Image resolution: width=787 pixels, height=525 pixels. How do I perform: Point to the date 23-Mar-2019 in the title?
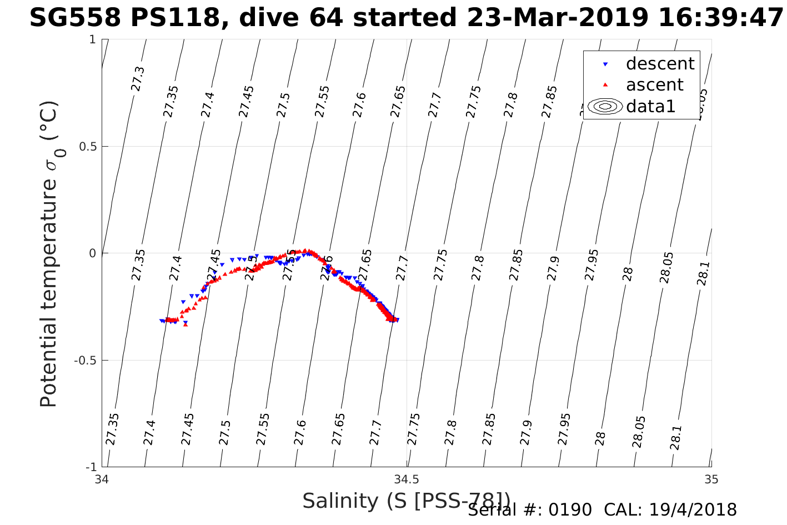557,18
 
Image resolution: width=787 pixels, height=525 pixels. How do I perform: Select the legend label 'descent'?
660,64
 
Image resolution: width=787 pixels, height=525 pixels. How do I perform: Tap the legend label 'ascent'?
654,85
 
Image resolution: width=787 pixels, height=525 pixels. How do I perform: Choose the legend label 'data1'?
650,106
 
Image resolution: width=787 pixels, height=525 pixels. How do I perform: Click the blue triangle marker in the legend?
605,64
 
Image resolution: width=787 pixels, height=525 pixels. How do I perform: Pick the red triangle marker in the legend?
605,85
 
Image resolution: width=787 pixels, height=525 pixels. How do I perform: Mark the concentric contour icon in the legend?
605,106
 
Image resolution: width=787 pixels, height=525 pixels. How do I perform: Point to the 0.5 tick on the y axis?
86,147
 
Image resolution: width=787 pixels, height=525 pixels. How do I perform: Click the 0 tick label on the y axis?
93,253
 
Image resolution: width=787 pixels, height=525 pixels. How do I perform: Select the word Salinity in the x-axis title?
340,501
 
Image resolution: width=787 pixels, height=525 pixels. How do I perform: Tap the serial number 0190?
570,510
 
